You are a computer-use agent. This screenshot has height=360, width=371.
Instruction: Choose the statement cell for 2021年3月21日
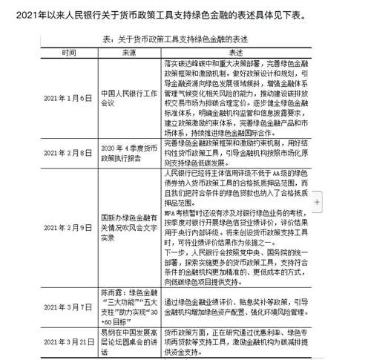point(237,340)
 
